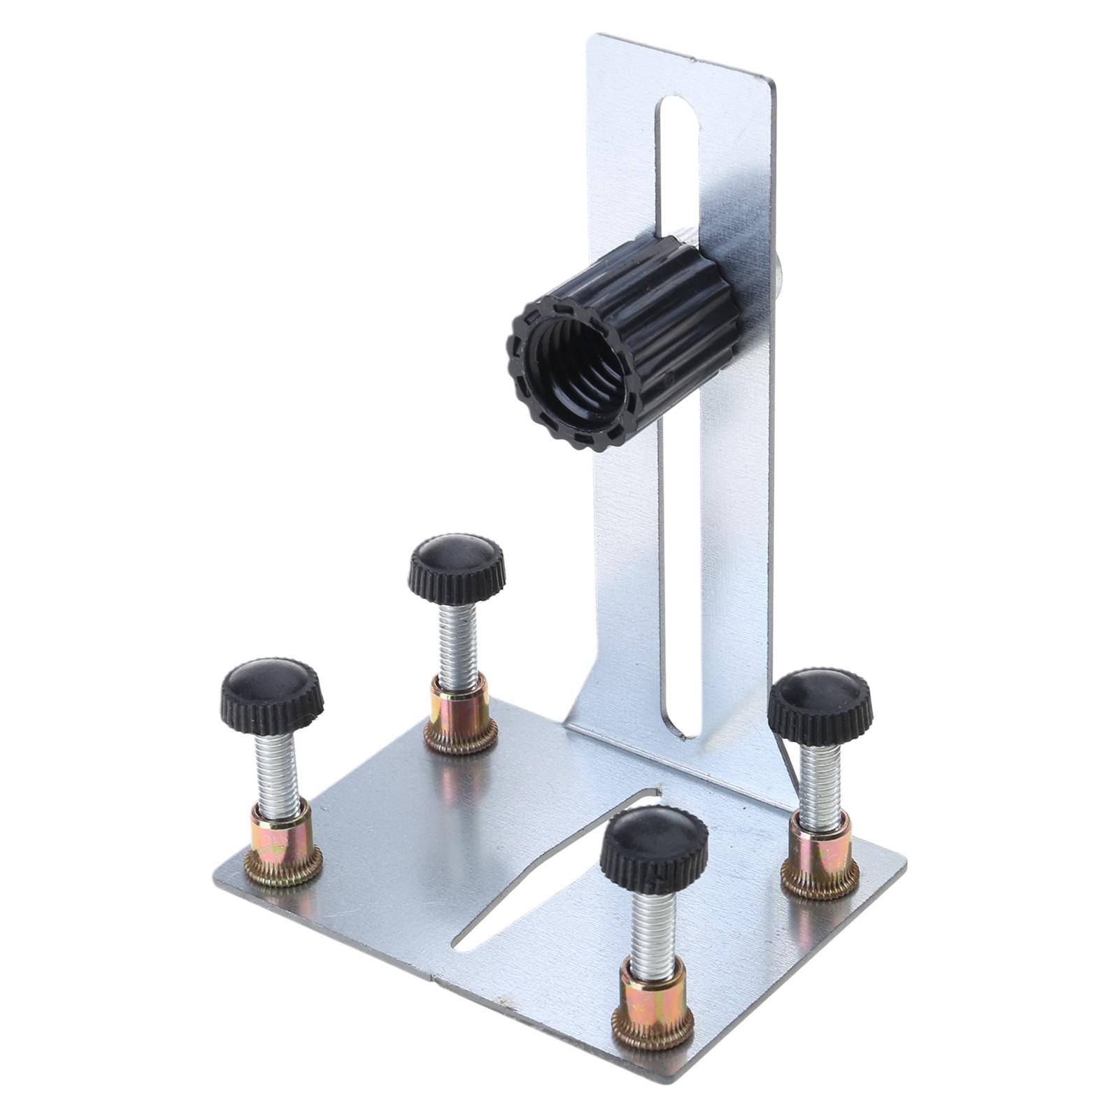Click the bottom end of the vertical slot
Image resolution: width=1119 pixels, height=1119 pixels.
click(683, 727)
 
